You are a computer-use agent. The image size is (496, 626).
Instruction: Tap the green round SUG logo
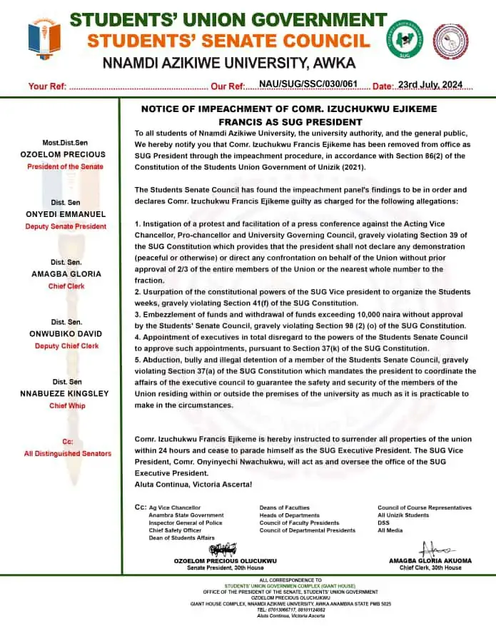(x=405, y=40)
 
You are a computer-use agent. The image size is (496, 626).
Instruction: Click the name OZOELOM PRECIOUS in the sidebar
(x=64, y=154)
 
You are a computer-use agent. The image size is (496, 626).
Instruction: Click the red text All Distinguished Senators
(x=68, y=453)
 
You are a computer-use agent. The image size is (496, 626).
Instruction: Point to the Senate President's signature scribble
(x=222, y=550)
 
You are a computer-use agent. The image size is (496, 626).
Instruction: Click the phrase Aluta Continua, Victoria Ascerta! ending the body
(x=193, y=484)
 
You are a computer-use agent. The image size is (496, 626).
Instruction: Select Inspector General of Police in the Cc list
(x=186, y=523)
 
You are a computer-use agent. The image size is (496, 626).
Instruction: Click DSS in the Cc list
(x=384, y=523)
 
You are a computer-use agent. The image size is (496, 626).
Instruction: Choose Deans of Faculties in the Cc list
(x=285, y=508)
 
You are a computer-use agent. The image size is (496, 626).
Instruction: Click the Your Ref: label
(x=47, y=86)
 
